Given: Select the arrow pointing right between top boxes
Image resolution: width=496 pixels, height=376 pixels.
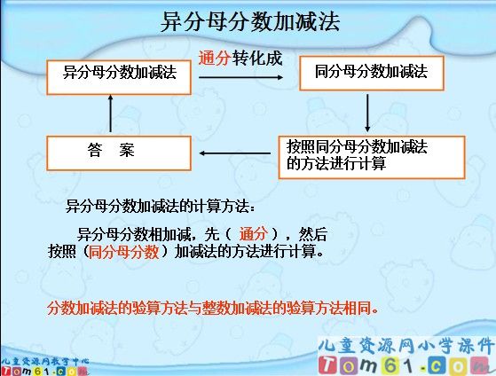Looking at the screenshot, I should tap(240, 77).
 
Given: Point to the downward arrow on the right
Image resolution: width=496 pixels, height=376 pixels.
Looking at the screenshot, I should tap(367, 113).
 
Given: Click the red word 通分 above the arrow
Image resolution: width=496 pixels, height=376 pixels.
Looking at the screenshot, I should tap(215, 59).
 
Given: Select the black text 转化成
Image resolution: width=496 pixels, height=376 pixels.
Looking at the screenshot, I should tap(257, 59).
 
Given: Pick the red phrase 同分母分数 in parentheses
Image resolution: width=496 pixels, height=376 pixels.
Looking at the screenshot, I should tap(124, 251).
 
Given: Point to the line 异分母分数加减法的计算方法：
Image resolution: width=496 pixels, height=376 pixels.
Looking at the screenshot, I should tap(161, 207).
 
